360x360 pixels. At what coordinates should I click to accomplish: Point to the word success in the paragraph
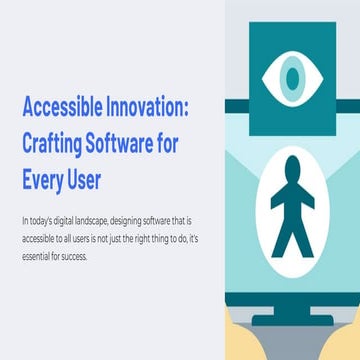click(x=76, y=257)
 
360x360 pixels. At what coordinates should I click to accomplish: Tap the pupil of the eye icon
click(x=291, y=76)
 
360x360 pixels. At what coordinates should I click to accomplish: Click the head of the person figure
click(x=292, y=166)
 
